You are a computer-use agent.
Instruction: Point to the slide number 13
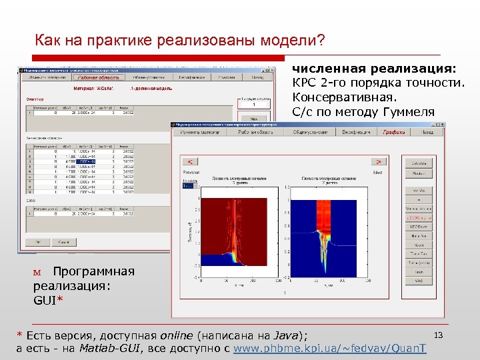point(438,333)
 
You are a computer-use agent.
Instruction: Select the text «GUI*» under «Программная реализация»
point(48,301)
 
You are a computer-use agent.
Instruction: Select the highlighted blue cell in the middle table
point(86,161)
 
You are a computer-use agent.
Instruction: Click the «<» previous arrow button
point(190,161)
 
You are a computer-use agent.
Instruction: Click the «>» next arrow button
point(379,161)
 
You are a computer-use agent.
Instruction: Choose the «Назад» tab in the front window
point(427,132)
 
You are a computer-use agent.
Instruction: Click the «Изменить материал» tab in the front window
point(199,132)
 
